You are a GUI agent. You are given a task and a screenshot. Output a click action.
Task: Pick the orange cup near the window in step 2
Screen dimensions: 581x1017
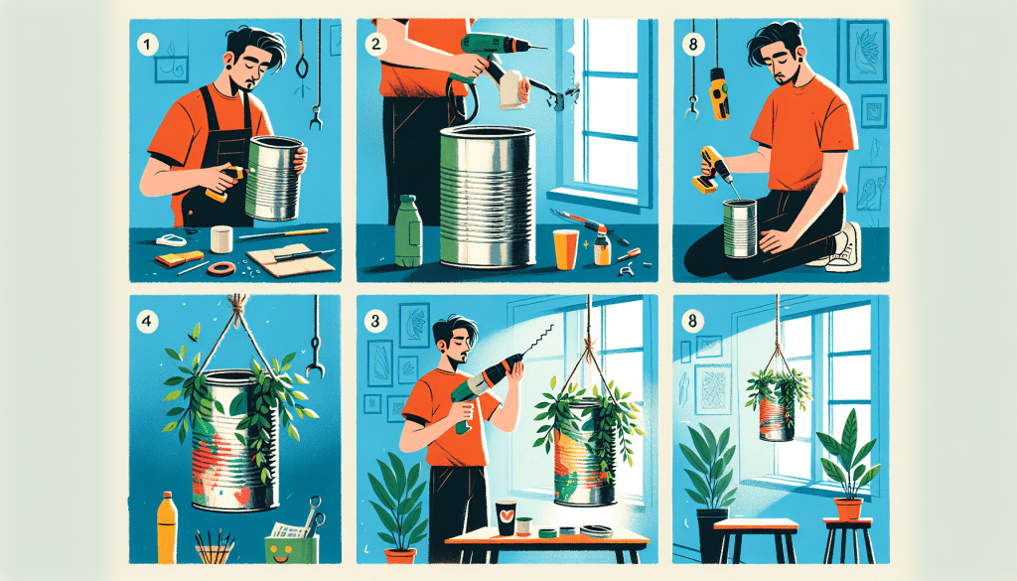tap(565, 248)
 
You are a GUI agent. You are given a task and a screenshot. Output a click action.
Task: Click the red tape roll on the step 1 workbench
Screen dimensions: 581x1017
tap(219, 268)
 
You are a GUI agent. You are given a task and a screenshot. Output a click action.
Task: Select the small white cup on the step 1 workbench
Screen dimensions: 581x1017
tap(221, 238)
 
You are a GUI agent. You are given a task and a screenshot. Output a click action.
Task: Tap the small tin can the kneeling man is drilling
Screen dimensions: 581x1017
tap(740, 227)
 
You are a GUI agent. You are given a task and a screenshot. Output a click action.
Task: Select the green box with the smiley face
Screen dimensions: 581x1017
tap(289, 545)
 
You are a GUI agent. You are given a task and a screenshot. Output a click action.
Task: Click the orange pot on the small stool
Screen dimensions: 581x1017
tap(847, 508)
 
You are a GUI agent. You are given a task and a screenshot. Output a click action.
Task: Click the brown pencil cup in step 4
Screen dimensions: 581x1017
tap(216, 550)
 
